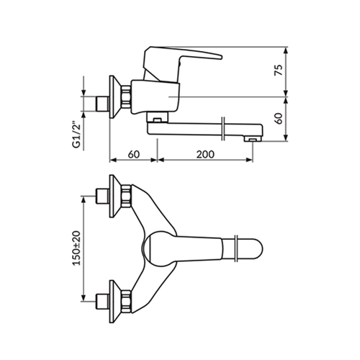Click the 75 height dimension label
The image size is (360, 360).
click(279, 70)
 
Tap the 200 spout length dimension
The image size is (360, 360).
click(205, 154)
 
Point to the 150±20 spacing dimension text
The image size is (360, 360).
click(77, 248)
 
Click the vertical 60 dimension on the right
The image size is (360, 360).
click(279, 118)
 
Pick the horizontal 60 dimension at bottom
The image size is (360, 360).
click(134, 154)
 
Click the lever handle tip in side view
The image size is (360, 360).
click(221, 57)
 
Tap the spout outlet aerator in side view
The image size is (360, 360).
click(252, 139)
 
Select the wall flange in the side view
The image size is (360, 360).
click(114, 97)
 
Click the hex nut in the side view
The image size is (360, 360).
click(126, 97)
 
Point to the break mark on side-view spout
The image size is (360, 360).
click(223, 129)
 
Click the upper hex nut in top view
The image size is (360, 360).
click(126, 196)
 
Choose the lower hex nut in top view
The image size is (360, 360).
click(126, 302)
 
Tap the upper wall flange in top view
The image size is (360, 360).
click(114, 196)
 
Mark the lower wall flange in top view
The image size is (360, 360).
click(114, 302)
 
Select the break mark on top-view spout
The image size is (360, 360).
click(236, 248)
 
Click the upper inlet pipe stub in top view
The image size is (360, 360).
click(103, 197)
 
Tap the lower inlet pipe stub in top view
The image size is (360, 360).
click(103, 302)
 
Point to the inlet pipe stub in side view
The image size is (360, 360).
click(103, 104)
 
